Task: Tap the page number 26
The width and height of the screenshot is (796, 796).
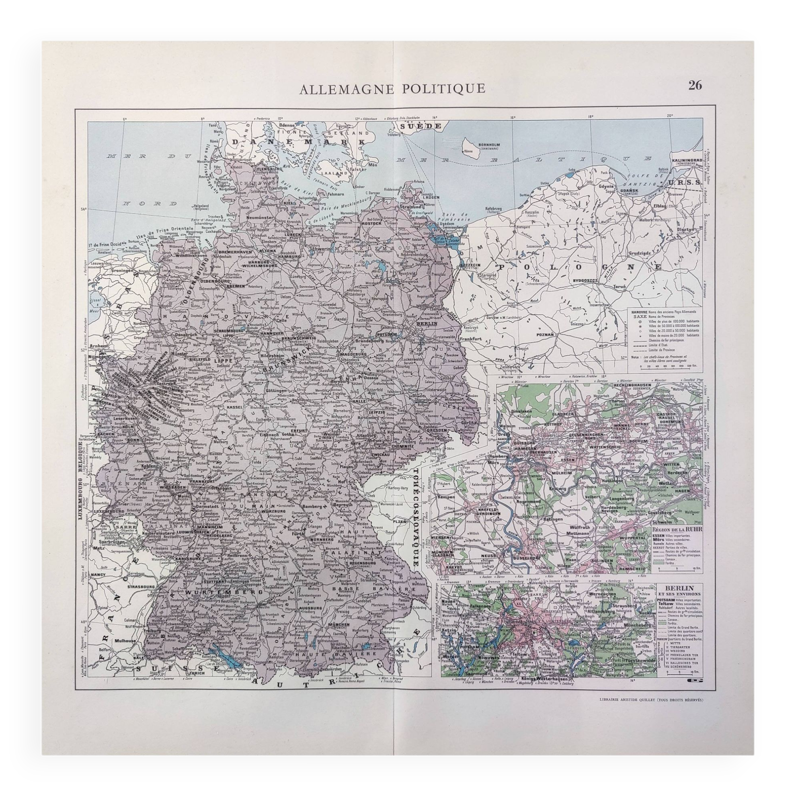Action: point(695,86)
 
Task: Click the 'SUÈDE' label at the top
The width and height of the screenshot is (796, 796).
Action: point(419,126)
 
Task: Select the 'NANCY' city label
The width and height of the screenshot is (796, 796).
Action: point(98,574)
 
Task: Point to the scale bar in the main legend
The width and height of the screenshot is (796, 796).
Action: point(665,365)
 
